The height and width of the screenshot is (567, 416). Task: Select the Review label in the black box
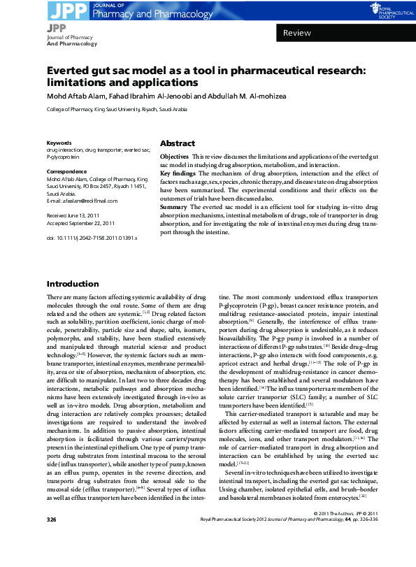point(297,34)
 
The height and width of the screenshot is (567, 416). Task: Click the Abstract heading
point(178,142)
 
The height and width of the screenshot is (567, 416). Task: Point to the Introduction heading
point(73,284)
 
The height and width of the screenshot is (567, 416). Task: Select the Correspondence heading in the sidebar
point(66,172)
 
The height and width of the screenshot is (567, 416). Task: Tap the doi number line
point(92,238)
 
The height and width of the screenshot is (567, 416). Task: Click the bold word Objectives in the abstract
point(174,156)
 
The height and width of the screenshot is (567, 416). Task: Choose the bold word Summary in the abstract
point(173,207)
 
